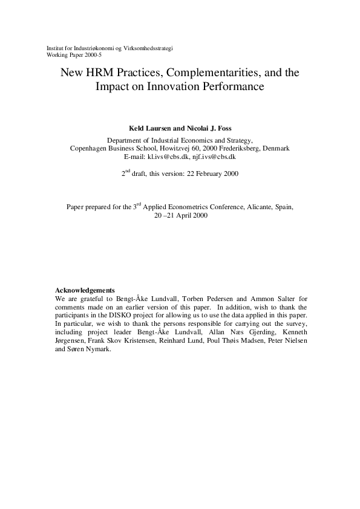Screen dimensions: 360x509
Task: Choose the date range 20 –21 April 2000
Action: click(180, 215)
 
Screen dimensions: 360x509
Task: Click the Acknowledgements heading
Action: click(85, 290)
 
